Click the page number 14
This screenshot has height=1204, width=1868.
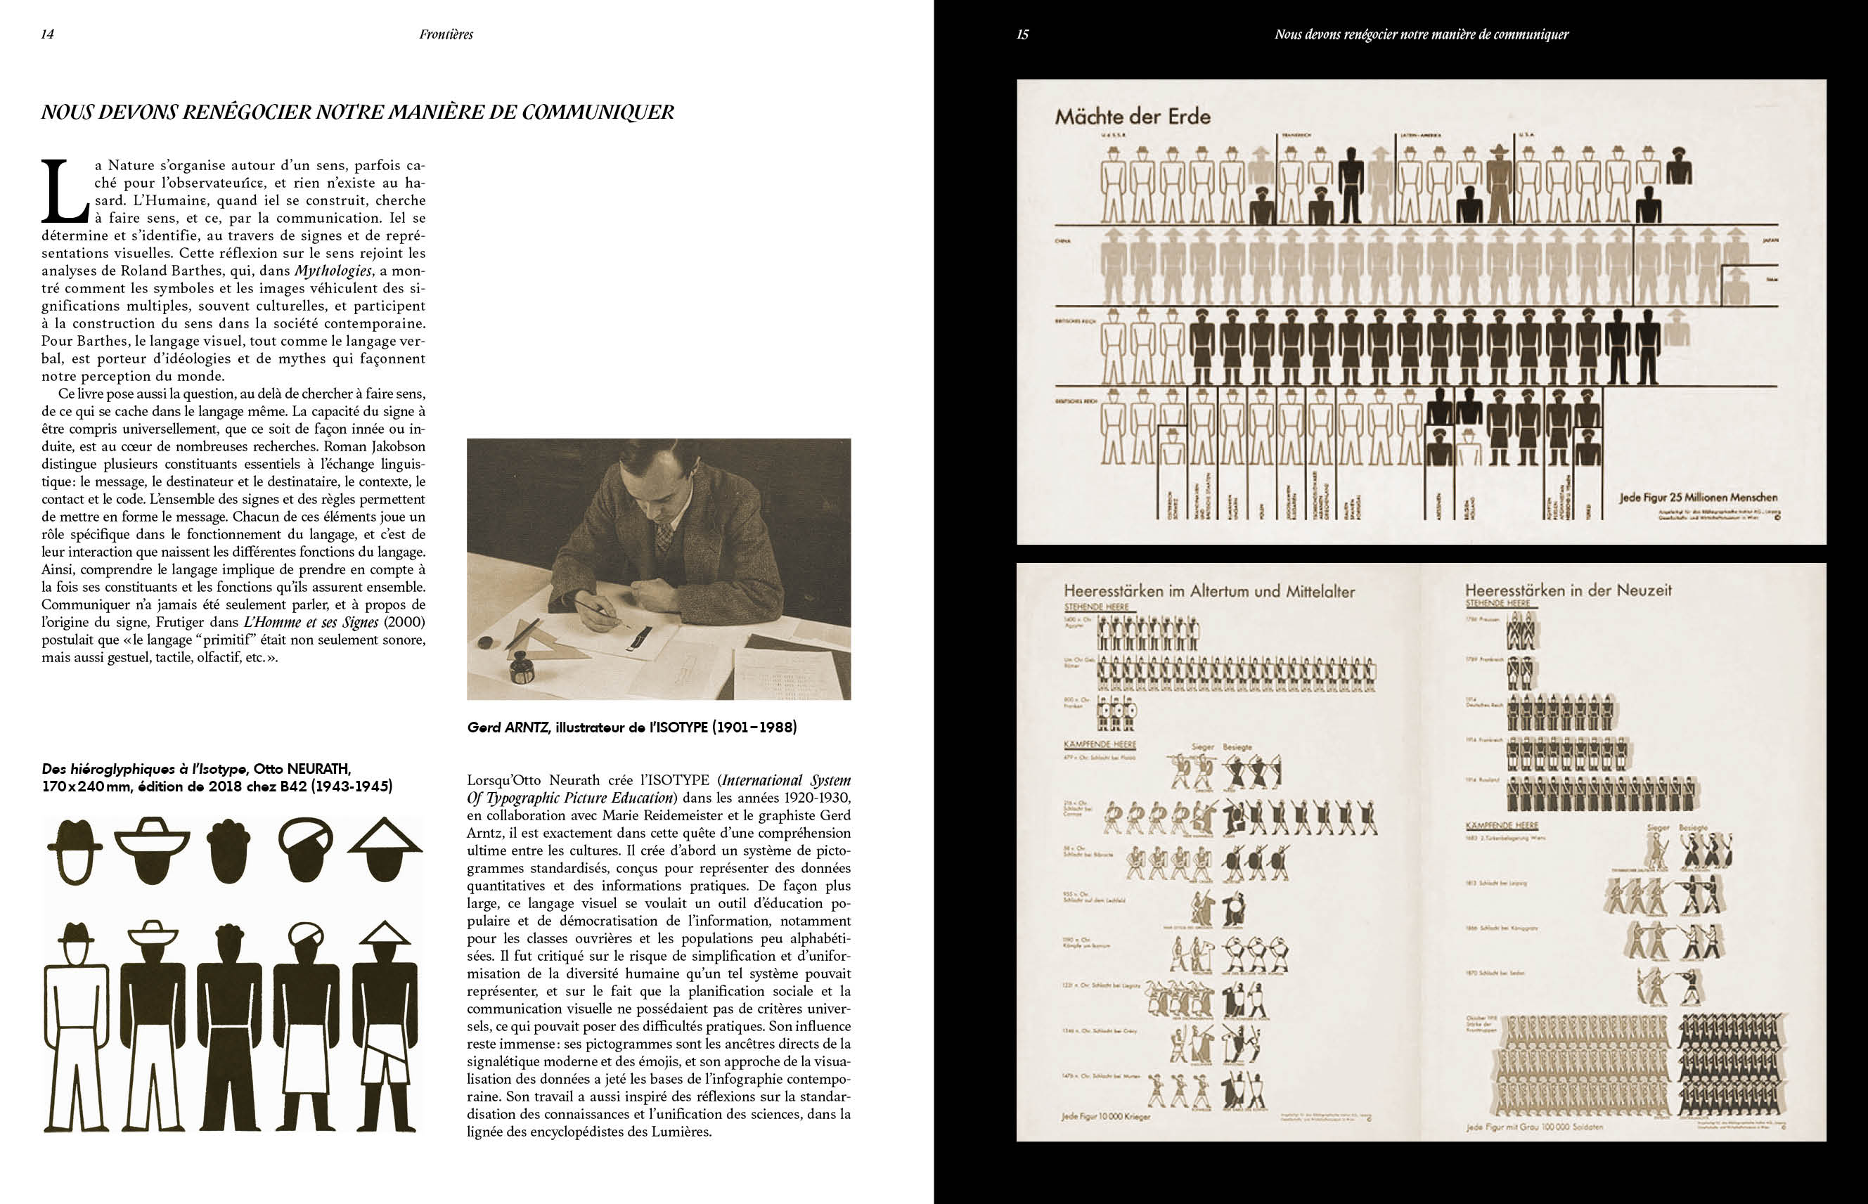click(x=47, y=34)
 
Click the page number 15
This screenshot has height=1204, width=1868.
click(x=1022, y=34)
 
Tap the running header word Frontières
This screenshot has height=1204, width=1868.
click(x=446, y=34)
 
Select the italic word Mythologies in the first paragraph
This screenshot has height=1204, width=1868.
click(x=333, y=271)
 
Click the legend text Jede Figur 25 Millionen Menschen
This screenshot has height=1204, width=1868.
click(x=1699, y=497)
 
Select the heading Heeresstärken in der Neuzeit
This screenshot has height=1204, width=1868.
click(x=1568, y=590)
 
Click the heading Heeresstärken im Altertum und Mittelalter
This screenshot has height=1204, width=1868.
click(x=1209, y=592)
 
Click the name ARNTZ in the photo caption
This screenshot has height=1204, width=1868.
click(x=528, y=727)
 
